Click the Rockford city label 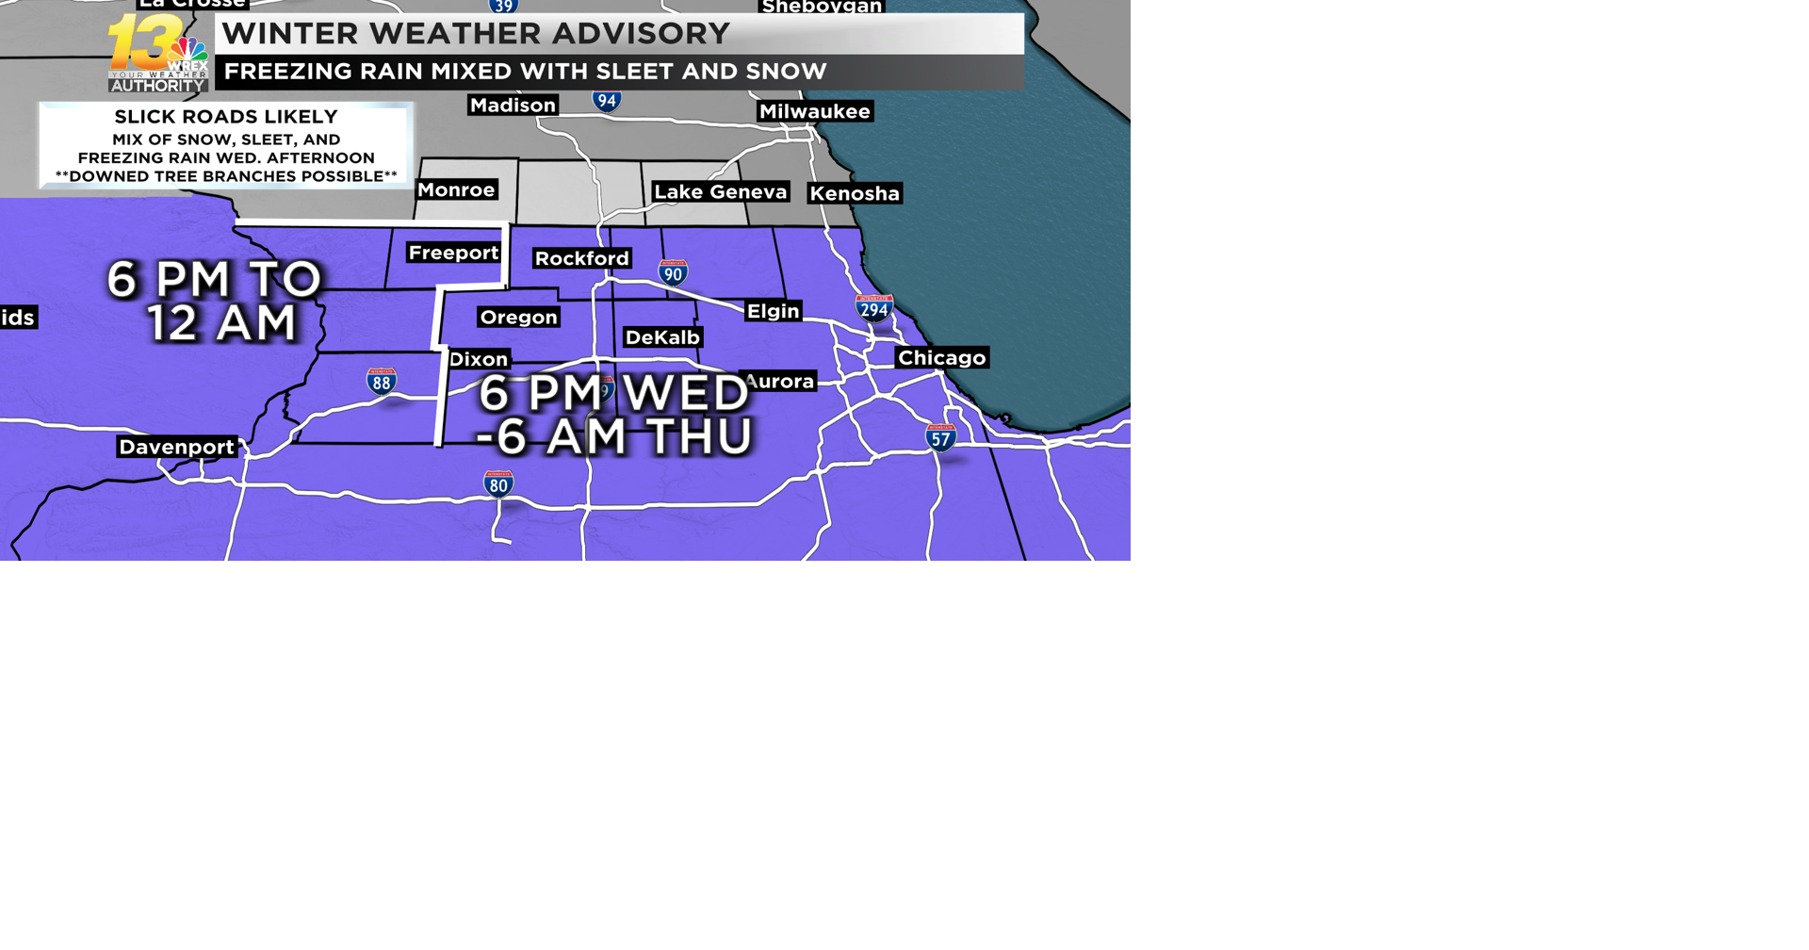click(581, 258)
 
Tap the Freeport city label click(453, 253)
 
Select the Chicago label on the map click(941, 358)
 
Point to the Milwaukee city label click(815, 112)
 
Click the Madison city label click(513, 106)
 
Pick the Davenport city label click(176, 447)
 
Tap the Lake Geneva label click(721, 192)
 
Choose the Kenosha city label click(855, 194)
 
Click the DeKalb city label click(662, 337)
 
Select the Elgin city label click(773, 311)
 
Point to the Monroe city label click(456, 190)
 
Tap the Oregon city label click(518, 318)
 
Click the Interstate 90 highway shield click(673, 273)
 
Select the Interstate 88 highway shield click(382, 382)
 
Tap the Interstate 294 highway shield click(874, 308)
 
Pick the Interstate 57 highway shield click(940, 438)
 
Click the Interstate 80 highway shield click(498, 484)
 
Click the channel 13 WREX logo click(158, 54)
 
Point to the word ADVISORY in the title click(641, 34)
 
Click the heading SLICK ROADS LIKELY click(226, 117)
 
